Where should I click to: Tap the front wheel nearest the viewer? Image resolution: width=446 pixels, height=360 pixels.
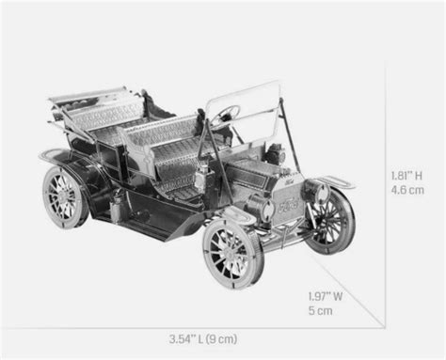tap(232, 252)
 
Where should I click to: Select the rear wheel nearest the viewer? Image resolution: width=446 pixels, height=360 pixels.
tap(65, 196)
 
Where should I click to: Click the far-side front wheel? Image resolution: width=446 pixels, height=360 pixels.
tap(331, 221)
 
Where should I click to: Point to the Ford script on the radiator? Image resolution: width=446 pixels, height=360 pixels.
tap(289, 206)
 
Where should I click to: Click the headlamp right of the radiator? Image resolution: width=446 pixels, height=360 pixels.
tap(317, 190)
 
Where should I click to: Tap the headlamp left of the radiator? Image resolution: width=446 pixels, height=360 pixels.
tap(261, 206)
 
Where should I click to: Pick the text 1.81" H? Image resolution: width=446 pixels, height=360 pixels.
tap(406, 176)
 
